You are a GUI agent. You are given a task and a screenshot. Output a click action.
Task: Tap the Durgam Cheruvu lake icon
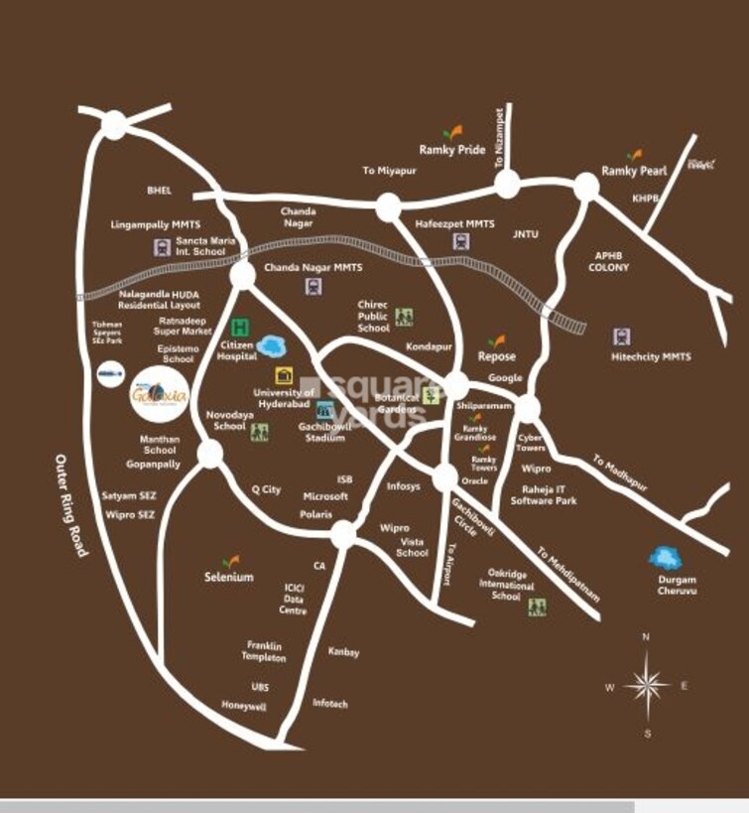664,558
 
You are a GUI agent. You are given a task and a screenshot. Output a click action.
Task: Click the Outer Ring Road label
70,504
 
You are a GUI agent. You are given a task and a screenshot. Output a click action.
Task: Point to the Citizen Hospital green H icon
239,327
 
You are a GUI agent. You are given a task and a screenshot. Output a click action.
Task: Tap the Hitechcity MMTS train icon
622,337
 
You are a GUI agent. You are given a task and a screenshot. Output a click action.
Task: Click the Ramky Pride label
452,150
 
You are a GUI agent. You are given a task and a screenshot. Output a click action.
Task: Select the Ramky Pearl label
634,172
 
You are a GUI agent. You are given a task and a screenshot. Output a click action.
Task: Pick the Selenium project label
229,577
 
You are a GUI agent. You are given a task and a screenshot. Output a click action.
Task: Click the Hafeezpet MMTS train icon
460,241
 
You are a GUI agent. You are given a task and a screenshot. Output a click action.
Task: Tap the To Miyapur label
389,171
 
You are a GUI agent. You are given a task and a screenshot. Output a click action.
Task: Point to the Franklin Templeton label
265,651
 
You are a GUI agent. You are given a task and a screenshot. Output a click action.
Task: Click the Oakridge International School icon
538,607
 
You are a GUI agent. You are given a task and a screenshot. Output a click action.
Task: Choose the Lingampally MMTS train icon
160,247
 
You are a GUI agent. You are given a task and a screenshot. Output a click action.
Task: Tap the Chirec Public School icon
404,318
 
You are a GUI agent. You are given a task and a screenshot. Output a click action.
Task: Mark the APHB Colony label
608,261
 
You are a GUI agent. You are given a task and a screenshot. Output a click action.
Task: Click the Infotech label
330,703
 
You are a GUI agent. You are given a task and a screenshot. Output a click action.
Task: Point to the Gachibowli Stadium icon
324,410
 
